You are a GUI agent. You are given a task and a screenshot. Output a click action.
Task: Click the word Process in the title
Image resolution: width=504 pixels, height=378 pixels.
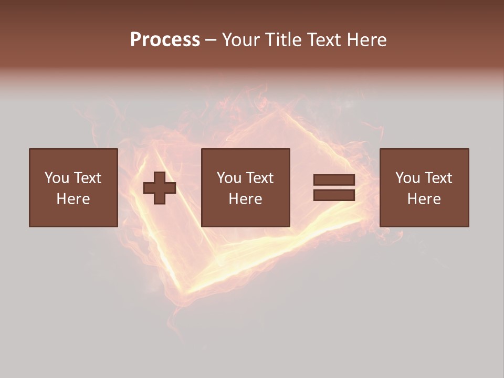click(x=165, y=40)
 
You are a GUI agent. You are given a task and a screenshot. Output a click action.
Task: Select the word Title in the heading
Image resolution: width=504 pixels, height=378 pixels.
click(x=283, y=40)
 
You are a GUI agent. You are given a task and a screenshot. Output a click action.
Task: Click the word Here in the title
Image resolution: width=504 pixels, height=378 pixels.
click(x=367, y=40)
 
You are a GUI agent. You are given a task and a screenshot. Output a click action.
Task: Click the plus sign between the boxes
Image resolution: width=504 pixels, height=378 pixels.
click(x=160, y=187)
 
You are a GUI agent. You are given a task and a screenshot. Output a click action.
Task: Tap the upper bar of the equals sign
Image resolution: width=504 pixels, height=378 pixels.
click(x=334, y=180)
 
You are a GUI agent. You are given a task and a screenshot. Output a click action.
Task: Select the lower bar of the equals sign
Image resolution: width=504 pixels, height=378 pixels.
click(x=334, y=195)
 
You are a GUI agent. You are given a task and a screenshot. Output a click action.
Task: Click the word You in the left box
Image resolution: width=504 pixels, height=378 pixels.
click(x=56, y=178)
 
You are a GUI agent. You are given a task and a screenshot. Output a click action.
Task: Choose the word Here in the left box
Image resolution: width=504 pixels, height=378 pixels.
click(x=73, y=199)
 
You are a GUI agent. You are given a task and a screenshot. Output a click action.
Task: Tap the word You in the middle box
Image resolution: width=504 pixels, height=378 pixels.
click(x=228, y=178)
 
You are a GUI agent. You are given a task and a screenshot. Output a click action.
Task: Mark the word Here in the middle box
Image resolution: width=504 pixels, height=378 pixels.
click(x=245, y=199)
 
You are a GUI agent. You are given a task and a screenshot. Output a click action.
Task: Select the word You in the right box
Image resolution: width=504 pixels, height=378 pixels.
click(x=407, y=178)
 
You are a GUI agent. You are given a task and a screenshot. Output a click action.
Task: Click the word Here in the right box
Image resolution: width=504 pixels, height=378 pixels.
click(x=424, y=199)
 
